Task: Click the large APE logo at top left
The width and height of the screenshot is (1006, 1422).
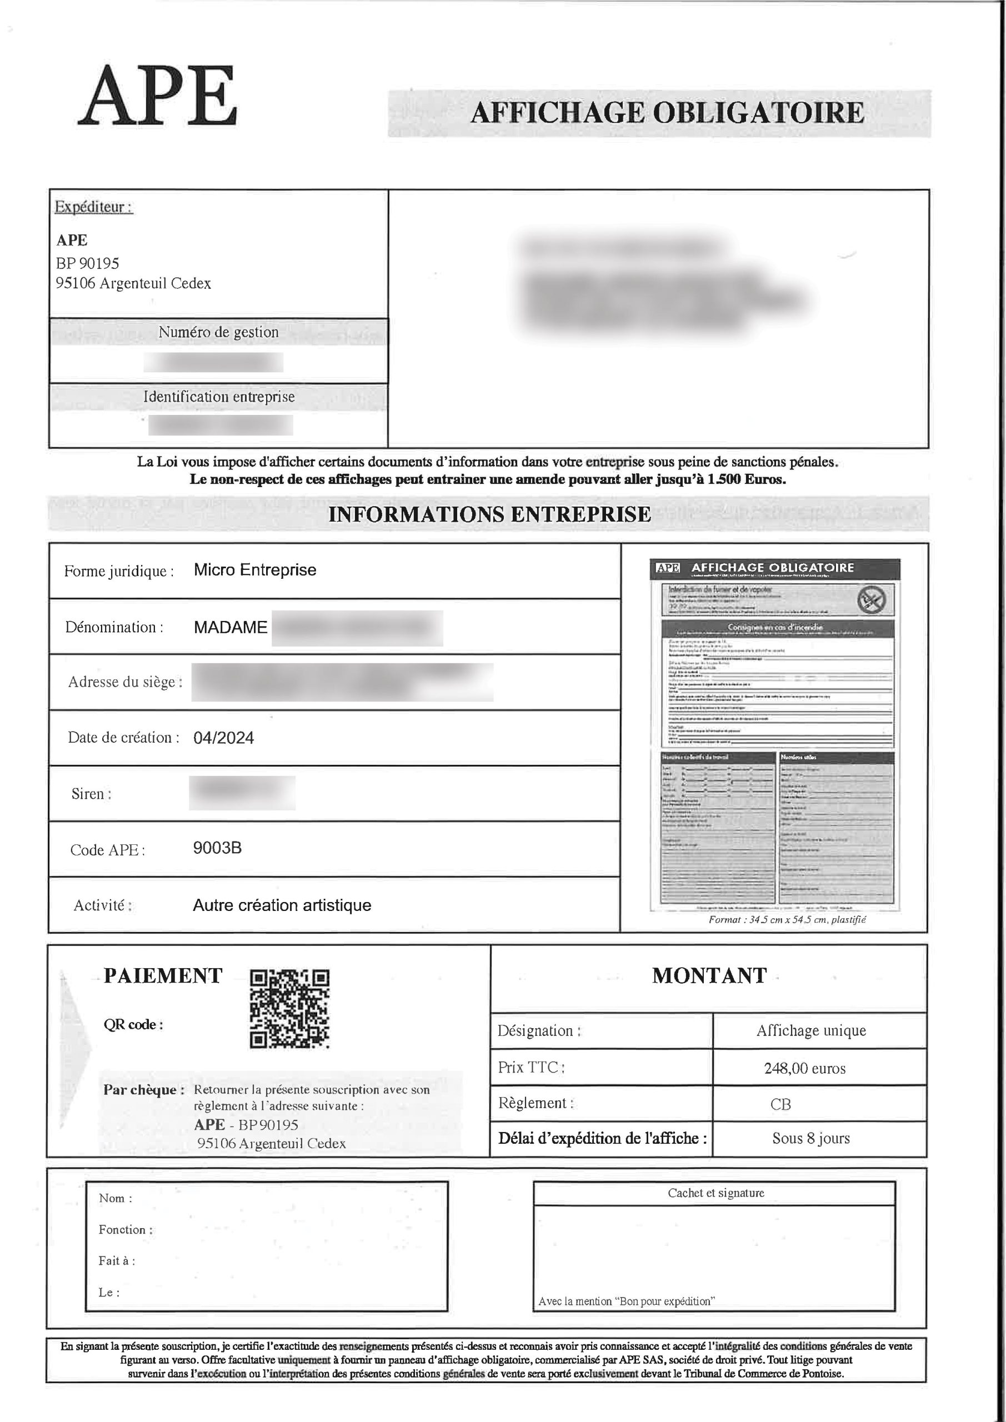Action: [x=158, y=97]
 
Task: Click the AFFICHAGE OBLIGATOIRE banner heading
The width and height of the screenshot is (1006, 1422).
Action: [x=667, y=113]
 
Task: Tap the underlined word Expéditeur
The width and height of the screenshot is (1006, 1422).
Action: [x=93, y=207]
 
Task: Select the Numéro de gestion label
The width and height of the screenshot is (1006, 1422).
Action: [x=219, y=332]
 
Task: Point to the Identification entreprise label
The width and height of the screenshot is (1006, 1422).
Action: [x=219, y=397]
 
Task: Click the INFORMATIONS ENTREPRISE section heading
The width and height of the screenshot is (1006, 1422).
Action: [x=489, y=514]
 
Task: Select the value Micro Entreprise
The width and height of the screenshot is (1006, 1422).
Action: [x=254, y=570]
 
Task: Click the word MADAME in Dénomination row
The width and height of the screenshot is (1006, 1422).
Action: [x=231, y=627]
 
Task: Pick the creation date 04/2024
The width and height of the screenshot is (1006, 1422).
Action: [x=224, y=738]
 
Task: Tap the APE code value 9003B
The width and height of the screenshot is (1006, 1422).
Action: [x=217, y=848]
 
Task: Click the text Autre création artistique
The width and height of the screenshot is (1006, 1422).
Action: [x=282, y=905]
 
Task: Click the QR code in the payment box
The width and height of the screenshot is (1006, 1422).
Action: [x=289, y=1008]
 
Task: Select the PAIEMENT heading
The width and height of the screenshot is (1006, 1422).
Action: [x=163, y=975]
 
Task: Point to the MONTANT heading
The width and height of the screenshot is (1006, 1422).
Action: [x=709, y=975]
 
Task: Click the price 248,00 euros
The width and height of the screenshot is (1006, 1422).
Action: [x=805, y=1068]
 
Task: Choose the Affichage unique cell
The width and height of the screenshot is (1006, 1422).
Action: [x=811, y=1030]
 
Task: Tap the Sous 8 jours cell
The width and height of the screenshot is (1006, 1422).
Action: [x=811, y=1138]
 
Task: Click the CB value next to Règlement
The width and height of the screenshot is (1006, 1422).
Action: [x=780, y=1104]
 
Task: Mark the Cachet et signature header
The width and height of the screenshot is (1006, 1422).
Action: [x=715, y=1193]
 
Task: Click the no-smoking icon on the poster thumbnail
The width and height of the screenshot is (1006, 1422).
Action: [x=872, y=599]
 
